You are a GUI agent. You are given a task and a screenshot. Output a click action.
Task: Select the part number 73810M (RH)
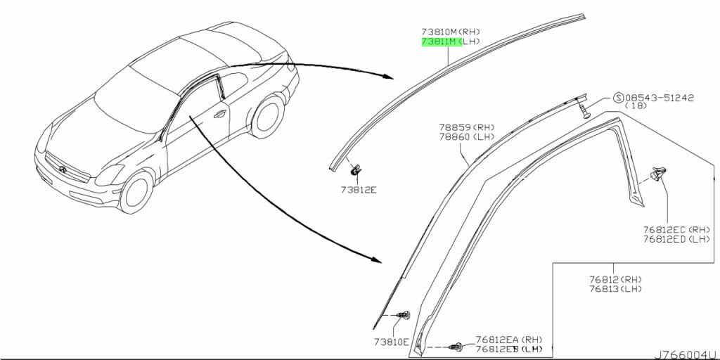(451, 32)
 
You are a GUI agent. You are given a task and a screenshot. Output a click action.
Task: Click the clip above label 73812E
(354, 171)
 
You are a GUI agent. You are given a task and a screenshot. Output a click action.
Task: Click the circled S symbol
(619, 98)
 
